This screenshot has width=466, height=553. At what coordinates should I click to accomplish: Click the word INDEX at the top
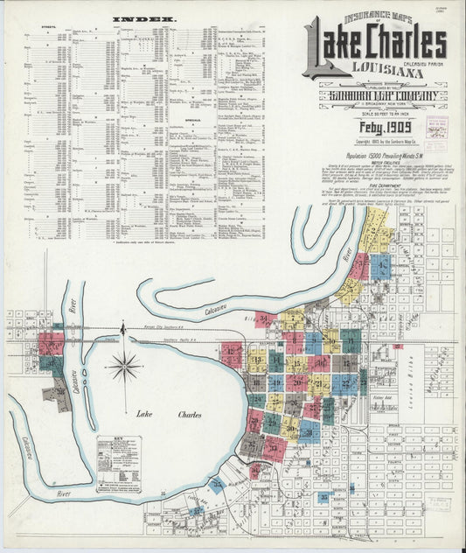pos(144,17)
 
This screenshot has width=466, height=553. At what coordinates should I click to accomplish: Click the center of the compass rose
pos(124,366)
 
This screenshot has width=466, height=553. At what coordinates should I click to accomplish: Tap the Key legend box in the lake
pos(119,464)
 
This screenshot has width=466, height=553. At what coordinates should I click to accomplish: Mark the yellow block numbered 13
pos(256,360)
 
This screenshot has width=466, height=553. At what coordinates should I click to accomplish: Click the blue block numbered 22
pos(344,381)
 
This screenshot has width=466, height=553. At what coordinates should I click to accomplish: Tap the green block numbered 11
pos(275,360)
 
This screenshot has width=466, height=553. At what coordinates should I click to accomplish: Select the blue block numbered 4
pos(381,267)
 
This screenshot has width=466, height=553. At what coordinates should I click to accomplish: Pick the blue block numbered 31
pos(308,430)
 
